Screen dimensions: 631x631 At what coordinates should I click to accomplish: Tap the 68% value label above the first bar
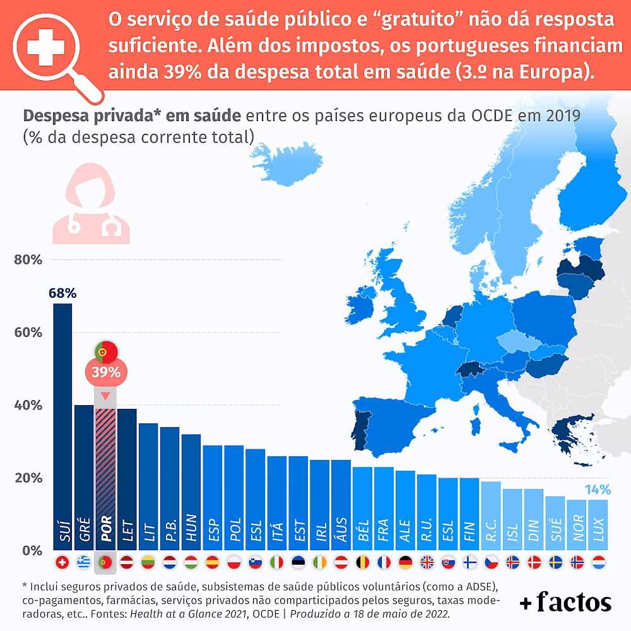point(62,293)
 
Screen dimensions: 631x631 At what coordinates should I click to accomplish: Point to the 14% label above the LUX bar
point(598,490)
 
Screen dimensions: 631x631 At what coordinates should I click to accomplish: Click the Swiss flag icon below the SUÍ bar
point(62,562)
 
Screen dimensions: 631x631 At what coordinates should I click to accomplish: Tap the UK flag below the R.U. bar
point(427,562)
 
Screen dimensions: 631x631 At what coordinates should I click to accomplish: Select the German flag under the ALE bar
point(406,562)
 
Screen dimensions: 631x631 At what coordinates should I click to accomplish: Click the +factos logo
point(565,603)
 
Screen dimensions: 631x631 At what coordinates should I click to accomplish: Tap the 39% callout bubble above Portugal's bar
point(105,372)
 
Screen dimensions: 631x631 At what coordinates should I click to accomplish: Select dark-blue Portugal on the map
point(361,429)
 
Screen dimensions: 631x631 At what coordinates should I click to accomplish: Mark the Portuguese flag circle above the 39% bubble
point(105,350)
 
